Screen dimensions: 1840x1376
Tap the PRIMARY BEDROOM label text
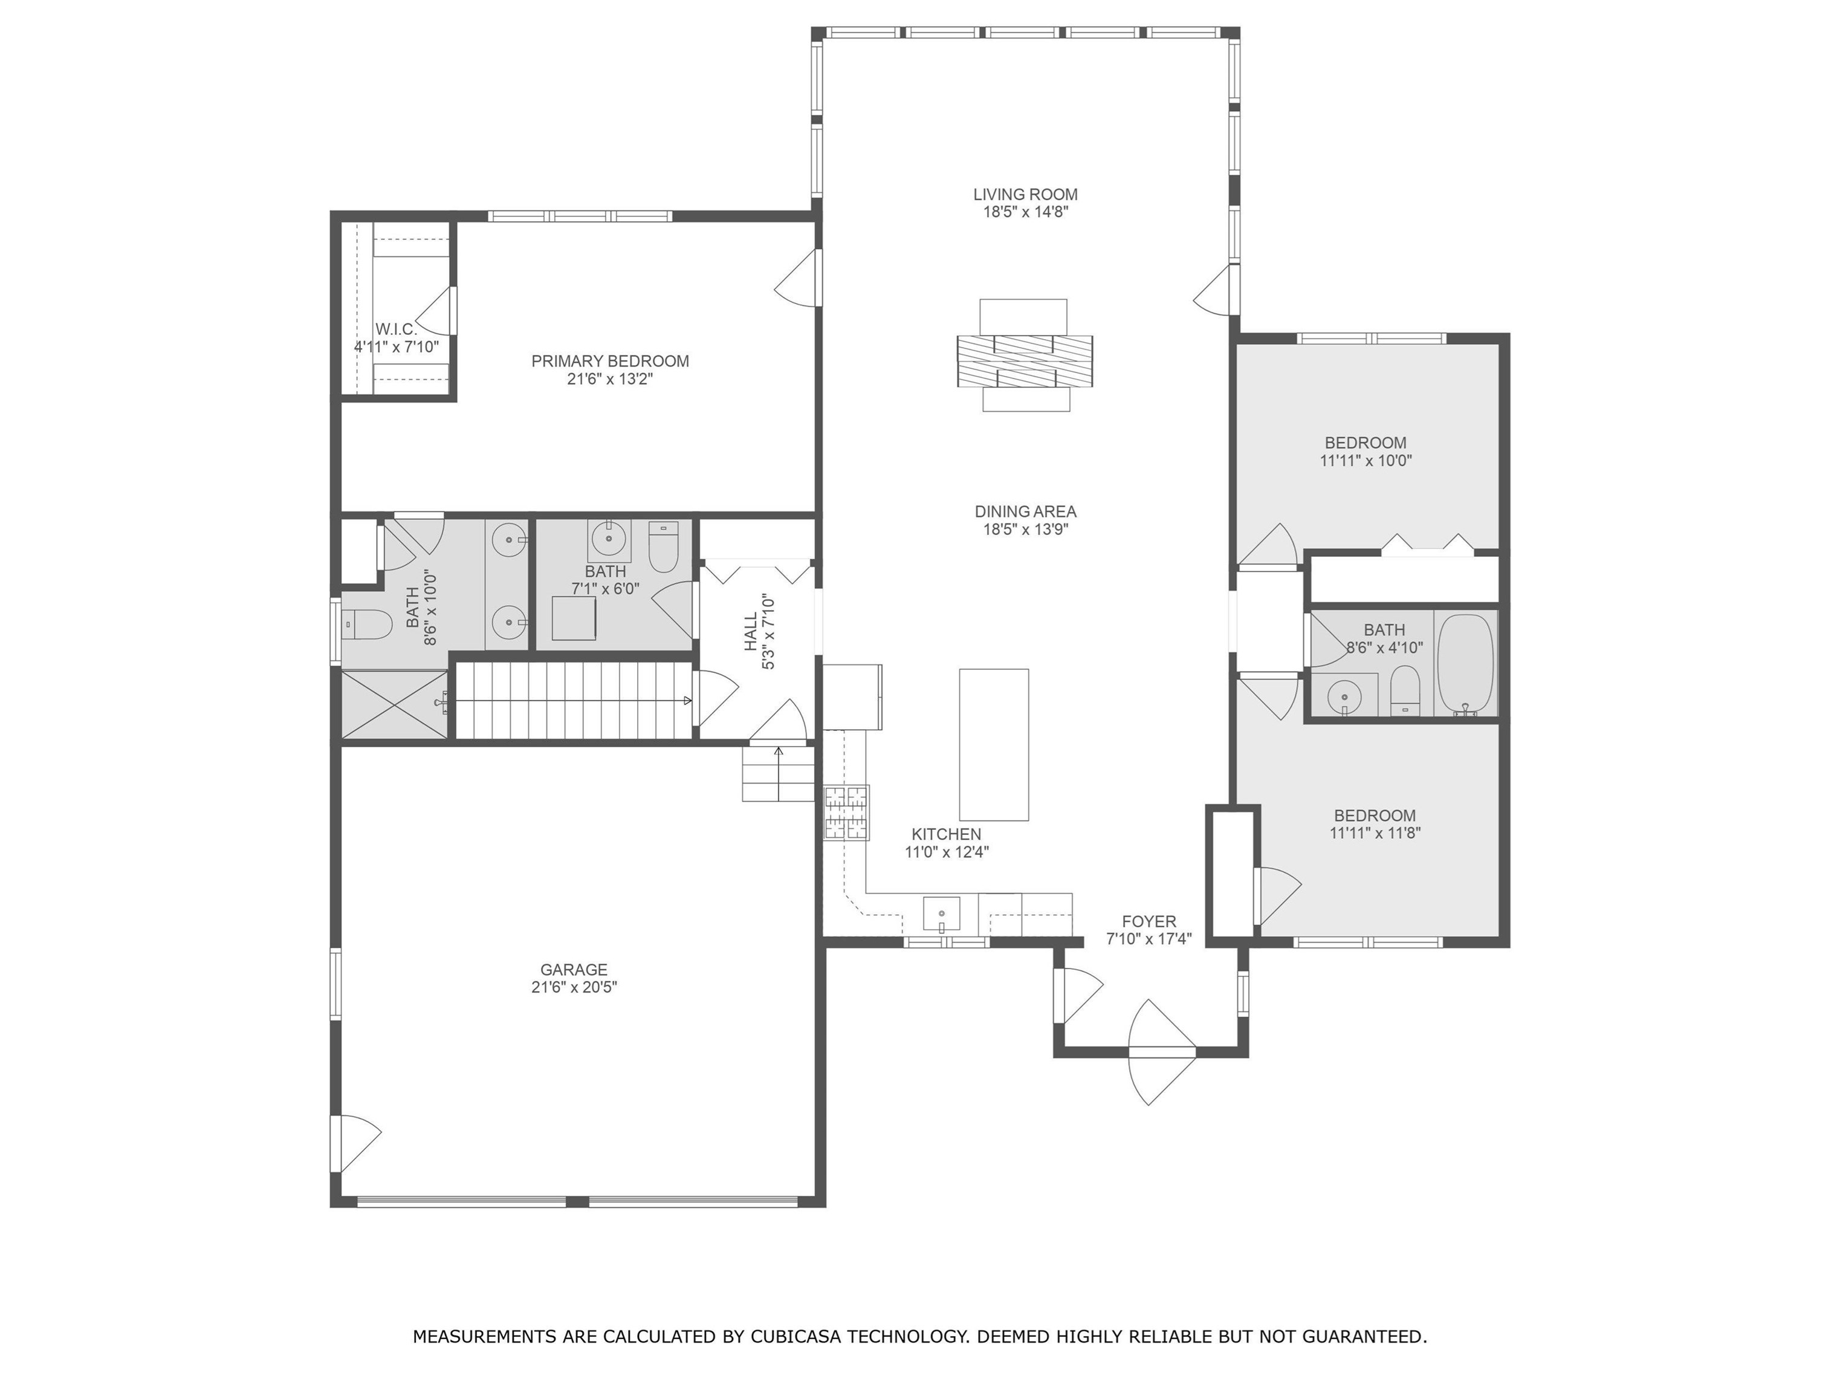610,361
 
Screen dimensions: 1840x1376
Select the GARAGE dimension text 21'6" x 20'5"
574,987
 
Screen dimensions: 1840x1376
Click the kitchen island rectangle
994,745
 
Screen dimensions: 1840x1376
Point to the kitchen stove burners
847,812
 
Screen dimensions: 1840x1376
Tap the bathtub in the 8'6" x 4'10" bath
1466,664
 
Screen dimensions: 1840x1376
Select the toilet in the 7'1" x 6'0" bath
663,547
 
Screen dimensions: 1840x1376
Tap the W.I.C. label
396,329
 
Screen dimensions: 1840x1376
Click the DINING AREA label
1026,511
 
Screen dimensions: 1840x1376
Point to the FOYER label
1148,922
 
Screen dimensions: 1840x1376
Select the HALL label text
751,632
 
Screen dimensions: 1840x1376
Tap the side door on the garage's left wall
356,1143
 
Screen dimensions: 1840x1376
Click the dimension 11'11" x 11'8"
1375,832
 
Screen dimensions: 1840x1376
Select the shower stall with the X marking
395,704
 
